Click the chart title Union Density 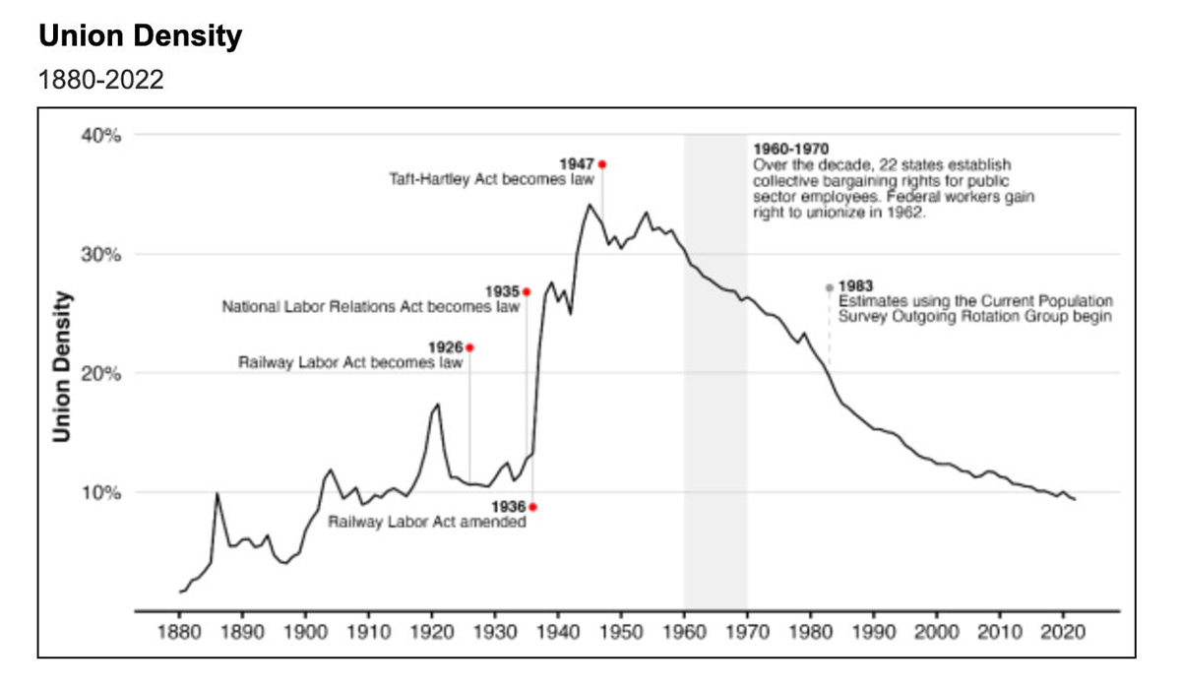(140, 36)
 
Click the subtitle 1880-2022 (100, 80)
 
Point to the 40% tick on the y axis (100, 136)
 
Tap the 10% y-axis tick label (100, 492)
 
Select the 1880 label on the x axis (179, 631)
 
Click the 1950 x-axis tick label (621, 631)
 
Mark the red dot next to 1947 (602, 164)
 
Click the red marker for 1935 (527, 292)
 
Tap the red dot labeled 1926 (469, 347)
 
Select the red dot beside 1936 (532, 507)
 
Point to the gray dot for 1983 (829, 287)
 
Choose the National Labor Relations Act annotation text (370, 307)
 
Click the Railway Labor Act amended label (427, 522)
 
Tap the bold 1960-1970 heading (790, 149)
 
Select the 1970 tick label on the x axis (747, 631)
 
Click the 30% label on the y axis (100, 255)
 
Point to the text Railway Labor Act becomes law (350, 362)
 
